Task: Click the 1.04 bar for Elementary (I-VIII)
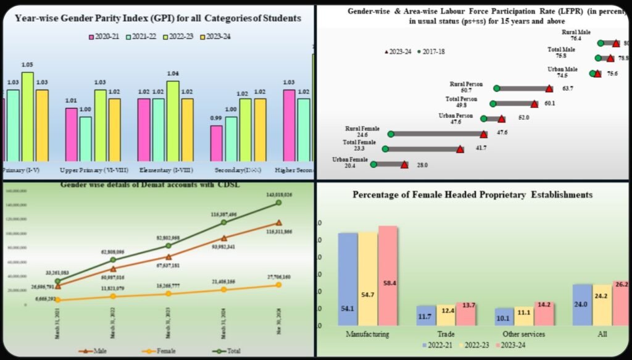173,120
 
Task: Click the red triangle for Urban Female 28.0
404,164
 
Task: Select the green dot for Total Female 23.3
385,149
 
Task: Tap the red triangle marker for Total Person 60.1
534,104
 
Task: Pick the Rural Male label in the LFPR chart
575,31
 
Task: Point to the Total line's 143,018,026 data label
278,195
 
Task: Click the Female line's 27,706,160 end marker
278,285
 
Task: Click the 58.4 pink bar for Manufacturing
388,275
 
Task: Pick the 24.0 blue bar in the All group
581,304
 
